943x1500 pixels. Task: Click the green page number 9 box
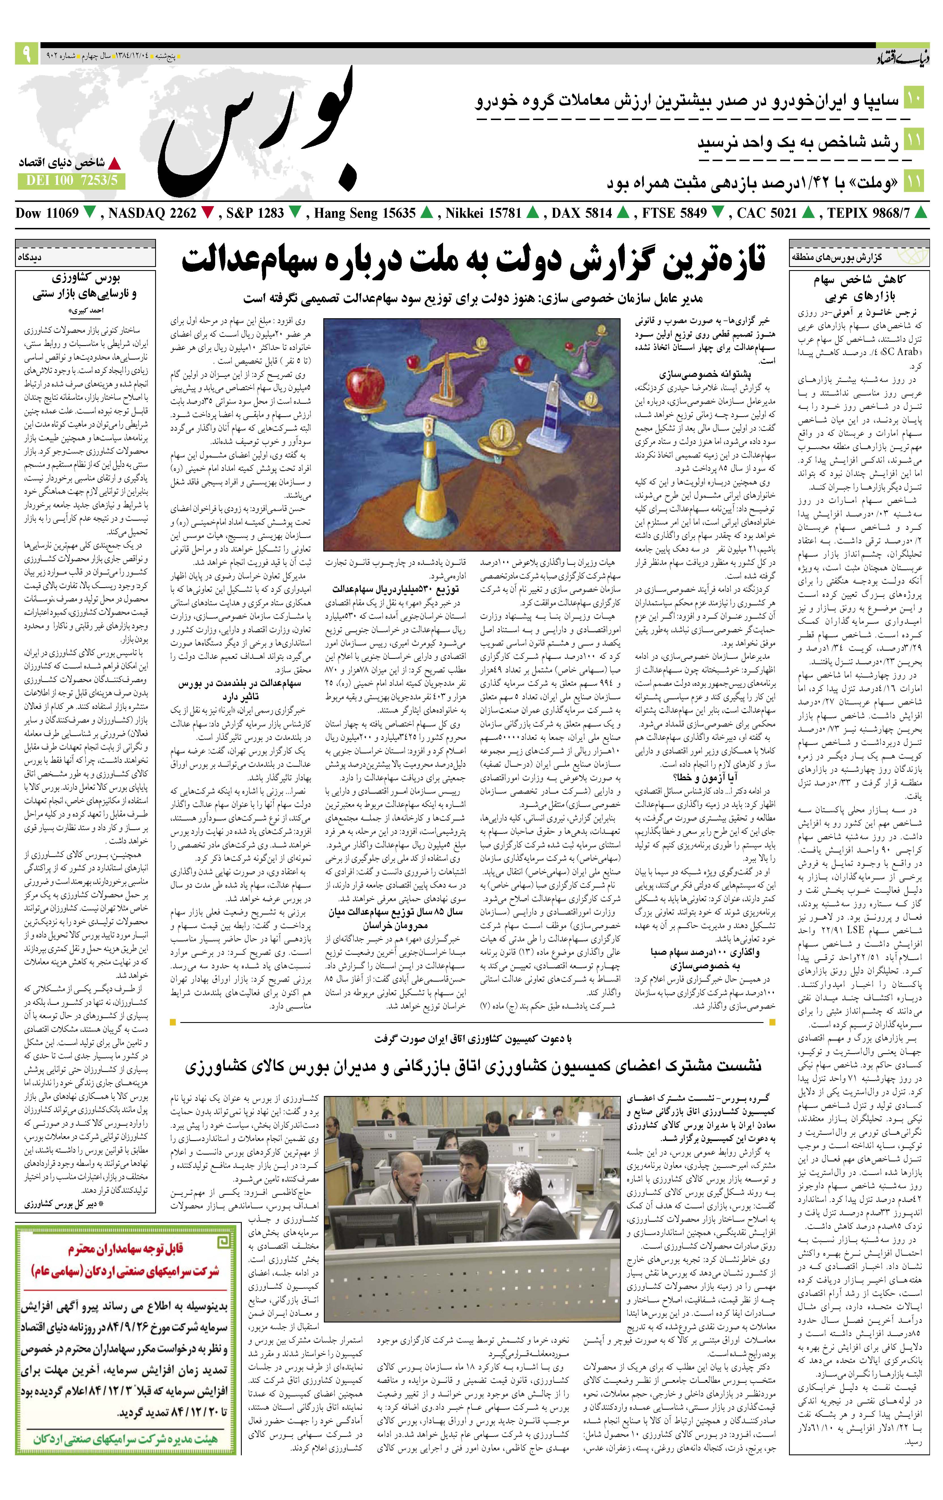coord(26,54)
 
